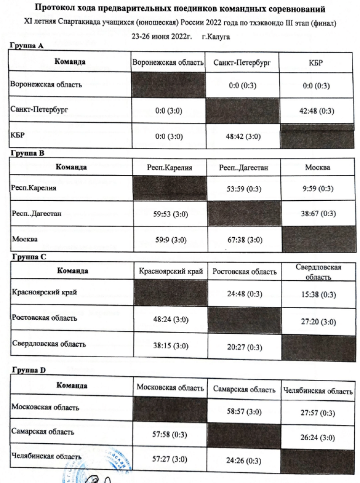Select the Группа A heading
pos(27,46)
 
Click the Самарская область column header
pos(244,389)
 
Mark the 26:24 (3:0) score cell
pos(318,438)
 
